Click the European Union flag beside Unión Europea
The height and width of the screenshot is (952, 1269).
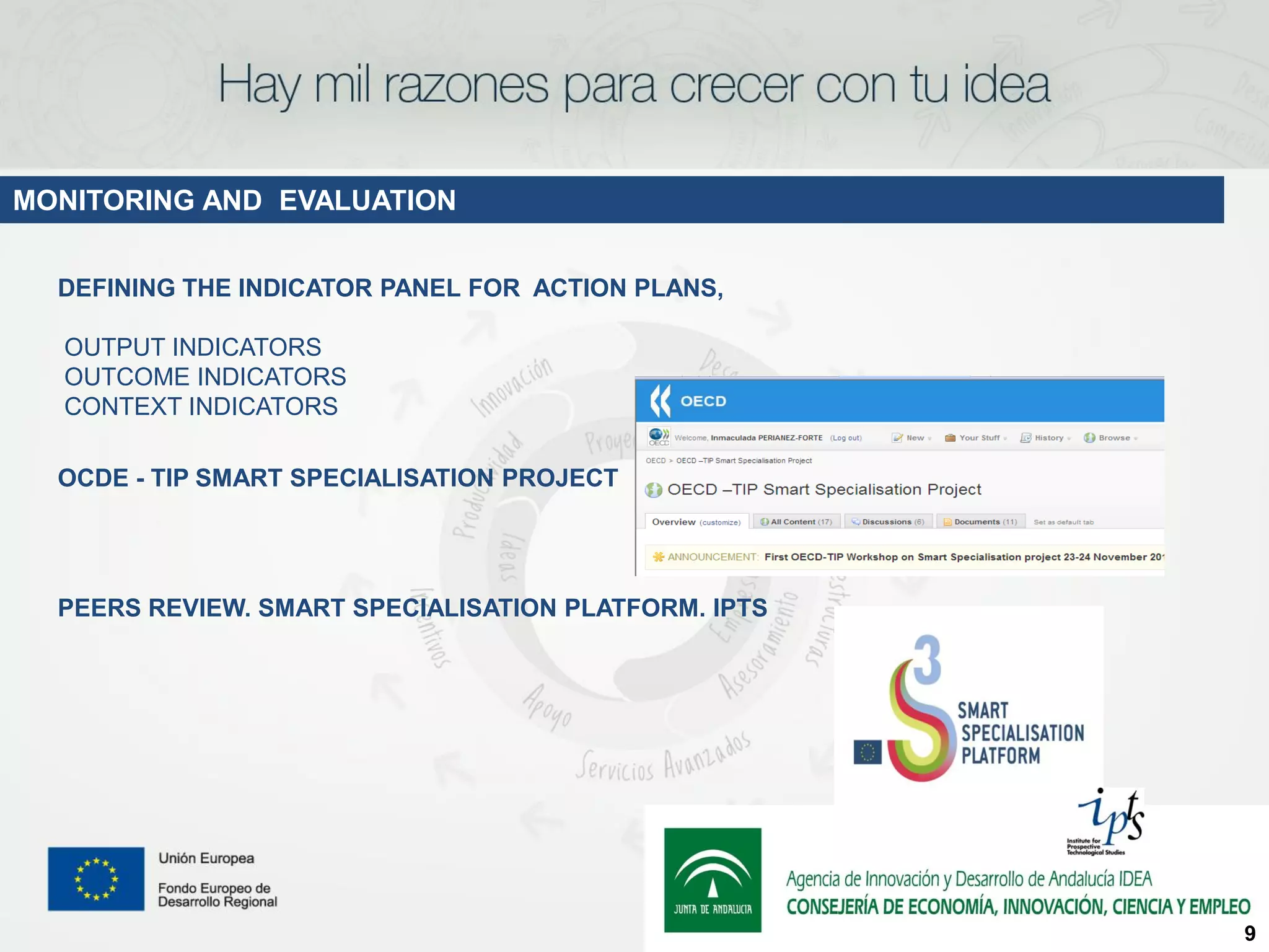click(96, 878)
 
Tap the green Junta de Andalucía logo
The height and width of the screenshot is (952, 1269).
click(713, 879)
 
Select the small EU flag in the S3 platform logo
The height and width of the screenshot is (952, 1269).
click(867, 752)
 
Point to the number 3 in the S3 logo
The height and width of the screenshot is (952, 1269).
click(928, 659)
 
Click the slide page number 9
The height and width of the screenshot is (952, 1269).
click(1250, 933)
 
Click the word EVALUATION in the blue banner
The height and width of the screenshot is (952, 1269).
click(367, 200)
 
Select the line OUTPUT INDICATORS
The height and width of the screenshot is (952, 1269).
click(193, 347)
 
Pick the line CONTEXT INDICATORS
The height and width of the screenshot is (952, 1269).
click(201, 407)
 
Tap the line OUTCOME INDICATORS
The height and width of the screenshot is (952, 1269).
click(205, 377)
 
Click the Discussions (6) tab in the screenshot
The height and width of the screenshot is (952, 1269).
click(889, 522)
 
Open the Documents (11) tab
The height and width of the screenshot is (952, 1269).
click(981, 522)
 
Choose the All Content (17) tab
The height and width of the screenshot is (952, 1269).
click(797, 522)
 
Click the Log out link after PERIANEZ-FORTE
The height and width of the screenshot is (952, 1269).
click(846, 438)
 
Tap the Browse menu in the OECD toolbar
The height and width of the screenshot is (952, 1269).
click(1113, 438)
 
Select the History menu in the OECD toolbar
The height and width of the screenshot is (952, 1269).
click(1048, 438)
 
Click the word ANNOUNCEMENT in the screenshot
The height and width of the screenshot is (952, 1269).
click(712, 557)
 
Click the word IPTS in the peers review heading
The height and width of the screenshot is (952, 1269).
click(740, 608)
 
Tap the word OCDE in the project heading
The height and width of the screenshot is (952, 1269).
click(93, 478)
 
